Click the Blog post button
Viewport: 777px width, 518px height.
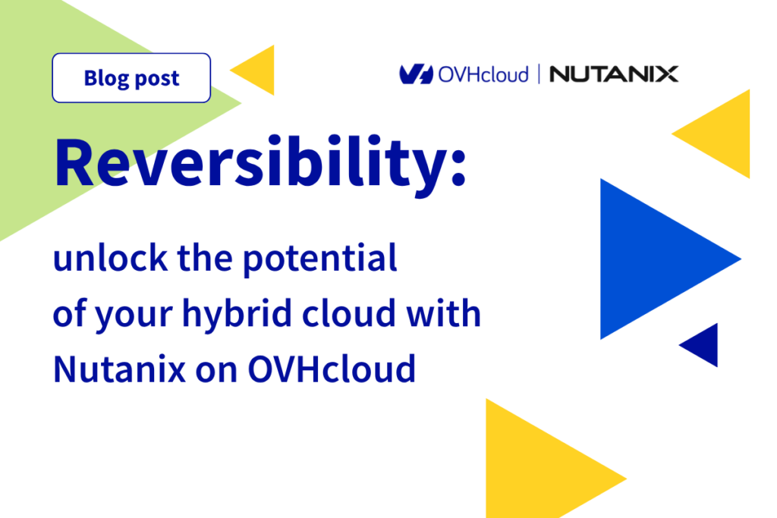[x=131, y=78]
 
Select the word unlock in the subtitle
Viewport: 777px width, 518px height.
[x=111, y=258]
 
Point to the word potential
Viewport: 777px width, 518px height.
[x=320, y=259]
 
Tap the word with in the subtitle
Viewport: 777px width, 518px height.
[x=443, y=313]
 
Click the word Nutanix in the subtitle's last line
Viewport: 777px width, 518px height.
[x=119, y=369]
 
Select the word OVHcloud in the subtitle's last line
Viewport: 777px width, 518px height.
[x=331, y=369]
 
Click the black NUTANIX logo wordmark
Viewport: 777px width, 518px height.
[x=614, y=74]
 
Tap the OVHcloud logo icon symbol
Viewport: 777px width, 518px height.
[x=417, y=74]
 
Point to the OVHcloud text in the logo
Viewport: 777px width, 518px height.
[x=483, y=75]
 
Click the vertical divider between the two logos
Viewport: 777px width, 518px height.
[x=539, y=74]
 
